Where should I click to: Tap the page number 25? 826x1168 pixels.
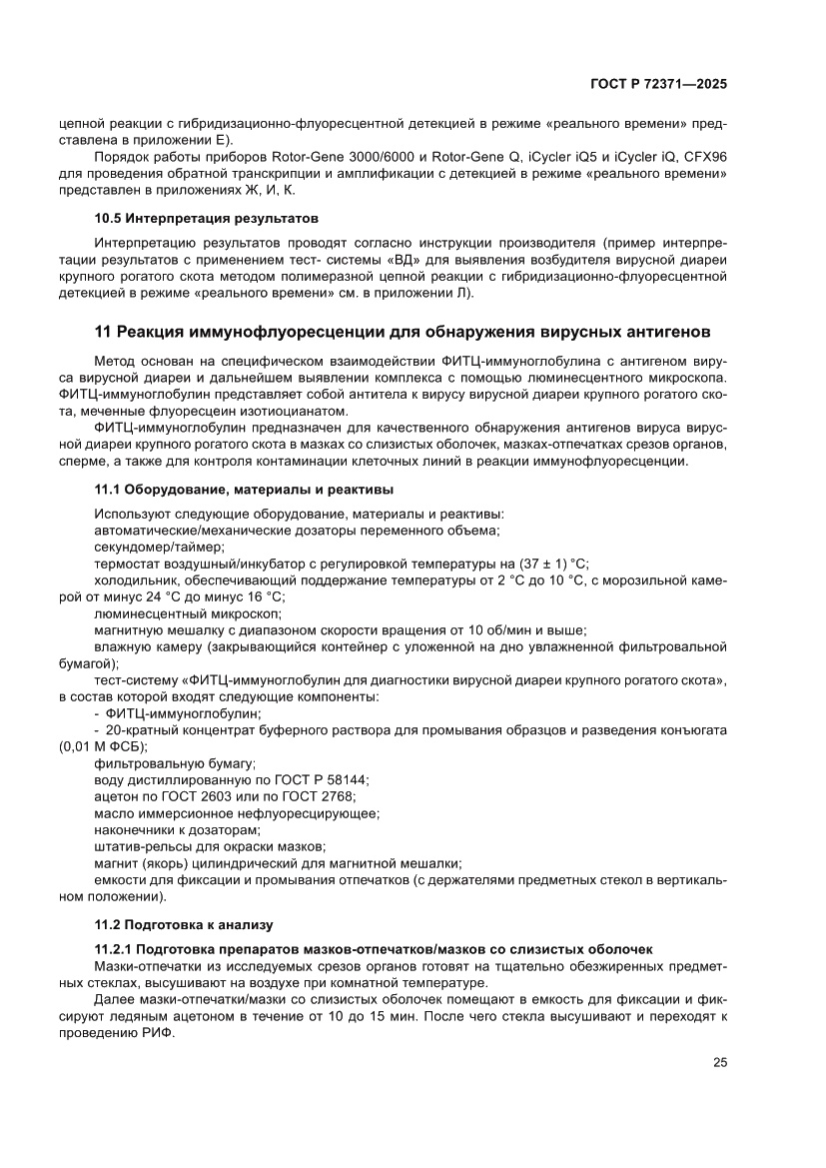(719, 1062)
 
